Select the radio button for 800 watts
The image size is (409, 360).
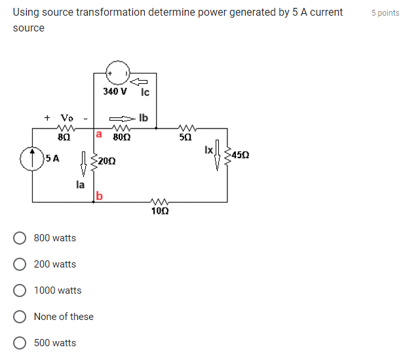(20, 238)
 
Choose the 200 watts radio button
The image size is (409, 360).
(20, 264)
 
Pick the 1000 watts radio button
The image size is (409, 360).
(20, 290)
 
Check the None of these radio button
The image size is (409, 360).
(20, 317)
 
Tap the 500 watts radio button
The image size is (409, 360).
(20, 343)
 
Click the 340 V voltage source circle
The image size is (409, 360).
(119, 73)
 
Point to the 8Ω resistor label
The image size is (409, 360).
(64, 138)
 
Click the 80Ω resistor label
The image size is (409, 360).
(121, 138)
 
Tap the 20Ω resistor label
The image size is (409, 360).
(107, 161)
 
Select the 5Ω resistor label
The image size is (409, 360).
(185, 138)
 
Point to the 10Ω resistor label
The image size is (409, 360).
(159, 211)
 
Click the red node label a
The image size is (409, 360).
(99, 134)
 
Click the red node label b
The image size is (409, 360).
(99, 195)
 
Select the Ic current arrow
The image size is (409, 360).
(138, 81)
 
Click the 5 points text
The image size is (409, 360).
(385, 13)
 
